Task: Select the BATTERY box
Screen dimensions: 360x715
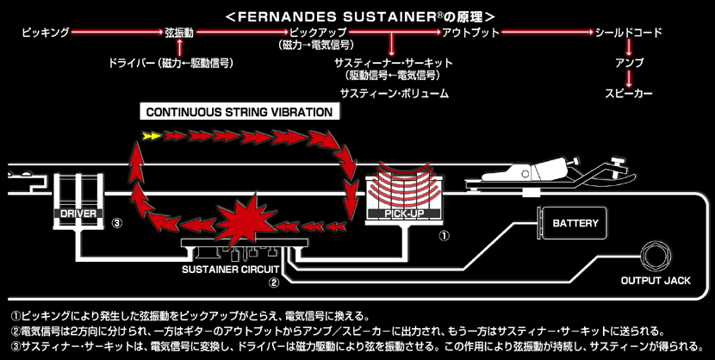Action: tap(575, 223)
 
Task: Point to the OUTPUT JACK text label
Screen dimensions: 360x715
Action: tap(656, 281)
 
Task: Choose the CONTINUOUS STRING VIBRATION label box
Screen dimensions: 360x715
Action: tap(239, 112)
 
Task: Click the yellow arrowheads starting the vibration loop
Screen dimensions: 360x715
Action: tap(151, 135)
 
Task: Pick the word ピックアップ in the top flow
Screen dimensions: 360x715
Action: tap(312, 33)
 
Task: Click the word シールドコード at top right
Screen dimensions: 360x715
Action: tap(629, 33)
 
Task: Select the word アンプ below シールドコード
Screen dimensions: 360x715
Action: tap(629, 63)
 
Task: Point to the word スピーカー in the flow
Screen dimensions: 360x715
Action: tap(629, 92)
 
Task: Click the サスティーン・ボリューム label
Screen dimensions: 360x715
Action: tap(395, 92)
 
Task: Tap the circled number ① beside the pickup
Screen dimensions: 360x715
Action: tap(444, 233)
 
